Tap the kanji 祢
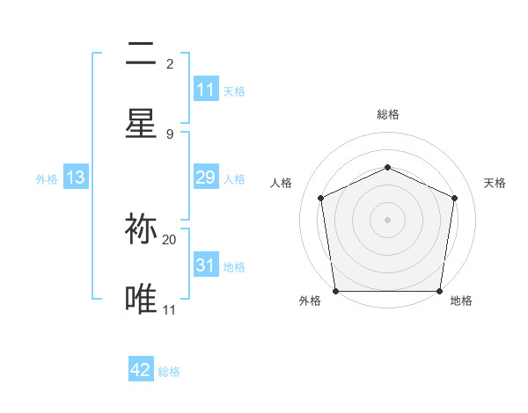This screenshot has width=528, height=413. click(x=141, y=228)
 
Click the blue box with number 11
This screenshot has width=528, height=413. click(x=206, y=90)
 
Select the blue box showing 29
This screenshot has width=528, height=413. click(x=206, y=178)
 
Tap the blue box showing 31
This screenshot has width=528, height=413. click(x=206, y=265)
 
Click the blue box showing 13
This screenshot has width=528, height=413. click(x=76, y=178)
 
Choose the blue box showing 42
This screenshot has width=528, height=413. click(x=141, y=370)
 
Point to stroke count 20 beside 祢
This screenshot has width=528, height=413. click(x=170, y=239)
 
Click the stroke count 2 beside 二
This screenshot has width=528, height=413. click(x=170, y=63)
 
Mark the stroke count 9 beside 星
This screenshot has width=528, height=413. click(x=170, y=134)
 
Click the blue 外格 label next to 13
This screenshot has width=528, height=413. click(x=47, y=178)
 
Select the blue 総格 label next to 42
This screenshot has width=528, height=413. click(x=169, y=371)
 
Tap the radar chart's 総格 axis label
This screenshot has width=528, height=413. click(x=388, y=114)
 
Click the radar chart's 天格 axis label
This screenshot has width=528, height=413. click(x=495, y=183)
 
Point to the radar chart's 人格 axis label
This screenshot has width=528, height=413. click(x=281, y=183)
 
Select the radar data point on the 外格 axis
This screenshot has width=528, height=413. click(x=335, y=291)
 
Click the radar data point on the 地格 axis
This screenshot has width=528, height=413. click(x=439, y=291)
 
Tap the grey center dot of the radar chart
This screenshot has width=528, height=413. click(x=387, y=219)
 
